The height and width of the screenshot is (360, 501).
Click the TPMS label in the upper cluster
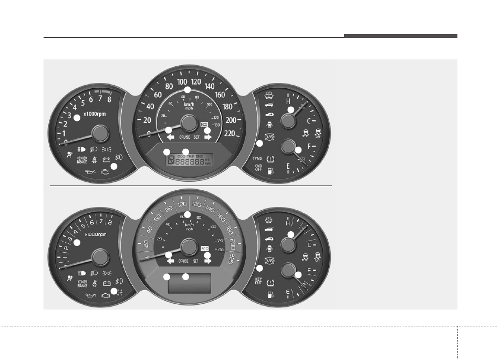coord(257,158)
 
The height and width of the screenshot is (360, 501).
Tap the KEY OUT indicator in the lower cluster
coord(258,282)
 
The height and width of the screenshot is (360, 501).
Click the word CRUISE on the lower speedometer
coord(183,261)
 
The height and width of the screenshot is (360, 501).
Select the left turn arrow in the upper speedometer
coord(170,137)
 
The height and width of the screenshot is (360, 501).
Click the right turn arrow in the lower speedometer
coord(207,261)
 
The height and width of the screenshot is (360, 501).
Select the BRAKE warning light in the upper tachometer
coord(82,160)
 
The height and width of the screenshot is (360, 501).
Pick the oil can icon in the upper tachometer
coord(90,172)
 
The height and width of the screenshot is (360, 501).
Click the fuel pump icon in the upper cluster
coord(270,171)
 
